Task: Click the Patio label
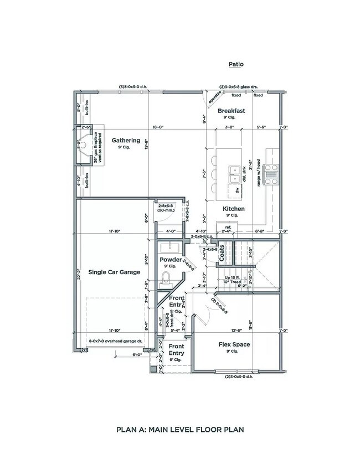coord(236,64)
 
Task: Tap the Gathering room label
coord(126,140)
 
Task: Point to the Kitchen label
coord(234,209)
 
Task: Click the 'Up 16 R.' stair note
coord(232,277)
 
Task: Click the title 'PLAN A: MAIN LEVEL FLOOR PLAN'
coord(179,429)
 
